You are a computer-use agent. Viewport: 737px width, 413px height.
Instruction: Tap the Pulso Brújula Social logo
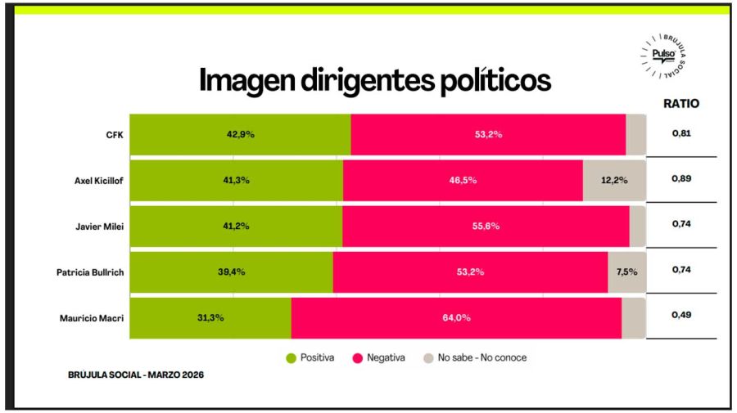667,56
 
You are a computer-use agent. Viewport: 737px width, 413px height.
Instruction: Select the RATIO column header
680,104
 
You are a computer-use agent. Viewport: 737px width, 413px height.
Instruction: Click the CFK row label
115,134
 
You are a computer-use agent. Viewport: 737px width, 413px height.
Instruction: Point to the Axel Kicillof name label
93,181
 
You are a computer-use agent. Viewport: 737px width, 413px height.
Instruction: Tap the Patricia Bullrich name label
85,272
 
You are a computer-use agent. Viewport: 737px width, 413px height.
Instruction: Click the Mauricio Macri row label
91,318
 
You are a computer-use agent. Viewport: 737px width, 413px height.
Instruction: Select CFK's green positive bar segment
240,134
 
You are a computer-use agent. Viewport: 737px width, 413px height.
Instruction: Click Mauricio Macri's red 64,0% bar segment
456,318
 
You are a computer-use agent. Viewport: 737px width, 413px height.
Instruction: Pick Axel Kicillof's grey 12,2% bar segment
614,181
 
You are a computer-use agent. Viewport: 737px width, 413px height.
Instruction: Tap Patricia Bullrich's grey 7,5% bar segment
626,272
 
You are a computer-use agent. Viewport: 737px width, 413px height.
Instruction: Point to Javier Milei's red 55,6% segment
486,227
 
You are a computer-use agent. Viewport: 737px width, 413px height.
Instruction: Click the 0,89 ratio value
681,178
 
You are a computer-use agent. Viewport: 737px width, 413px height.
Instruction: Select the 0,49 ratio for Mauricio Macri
681,315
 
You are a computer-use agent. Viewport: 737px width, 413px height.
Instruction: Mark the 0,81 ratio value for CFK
681,132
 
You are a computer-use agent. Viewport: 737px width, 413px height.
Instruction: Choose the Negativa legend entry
378,357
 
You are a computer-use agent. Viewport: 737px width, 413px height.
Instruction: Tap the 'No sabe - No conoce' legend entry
474,357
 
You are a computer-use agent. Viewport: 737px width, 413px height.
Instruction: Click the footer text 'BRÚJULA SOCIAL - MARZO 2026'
135,375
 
